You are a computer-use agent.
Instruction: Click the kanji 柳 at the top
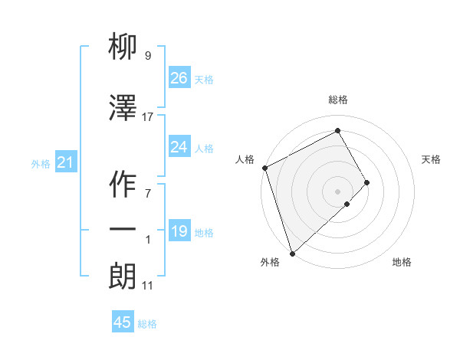coord(123,48)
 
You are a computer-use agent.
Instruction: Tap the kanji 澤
coord(123,109)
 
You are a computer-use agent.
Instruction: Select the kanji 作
coord(123,185)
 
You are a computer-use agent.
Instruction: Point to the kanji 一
coord(123,230)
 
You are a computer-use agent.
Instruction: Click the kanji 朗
coord(123,277)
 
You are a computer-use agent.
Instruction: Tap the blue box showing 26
coord(179,77)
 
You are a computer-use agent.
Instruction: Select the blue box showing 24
coord(179,147)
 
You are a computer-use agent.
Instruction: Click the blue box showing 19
coord(179,231)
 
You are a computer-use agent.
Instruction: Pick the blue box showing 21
coord(65,162)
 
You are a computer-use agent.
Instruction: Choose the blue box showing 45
coord(123,322)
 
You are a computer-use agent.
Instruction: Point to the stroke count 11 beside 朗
coord(148,286)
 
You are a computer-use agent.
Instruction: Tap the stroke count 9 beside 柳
coord(147,56)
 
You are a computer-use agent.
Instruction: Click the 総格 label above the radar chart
coord(338,100)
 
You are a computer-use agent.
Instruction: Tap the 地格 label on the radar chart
coord(402,262)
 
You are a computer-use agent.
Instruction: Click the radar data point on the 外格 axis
coord(292,252)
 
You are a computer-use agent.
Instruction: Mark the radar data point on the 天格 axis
coord(367,182)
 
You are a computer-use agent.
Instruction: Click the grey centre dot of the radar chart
coord(338,191)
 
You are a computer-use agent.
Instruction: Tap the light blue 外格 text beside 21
coord(40,163)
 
